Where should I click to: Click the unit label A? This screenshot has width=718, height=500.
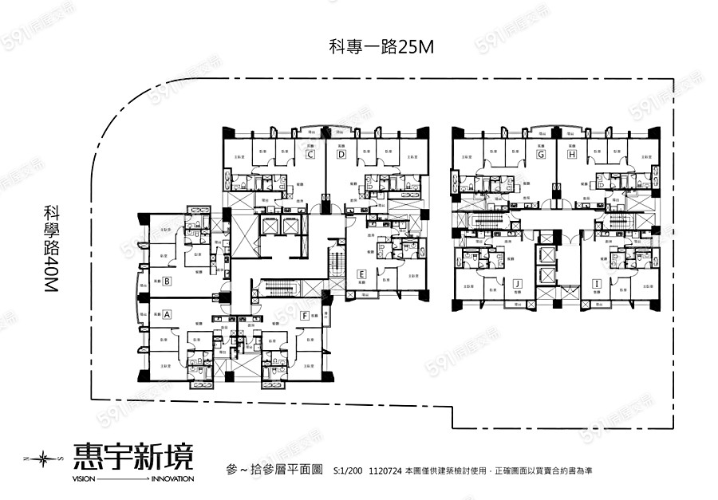coord(168,315)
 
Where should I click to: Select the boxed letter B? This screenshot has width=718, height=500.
coord(168,281)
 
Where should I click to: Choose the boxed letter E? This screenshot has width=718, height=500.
coord(361,274)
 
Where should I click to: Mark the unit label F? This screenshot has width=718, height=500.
coord(305,315)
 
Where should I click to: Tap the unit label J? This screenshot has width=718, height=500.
coord(518,282)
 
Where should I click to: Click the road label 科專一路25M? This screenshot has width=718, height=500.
coord(381,46)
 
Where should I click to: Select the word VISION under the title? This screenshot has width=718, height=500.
coord(84,479)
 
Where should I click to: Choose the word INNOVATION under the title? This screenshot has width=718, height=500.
coord(172,479)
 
